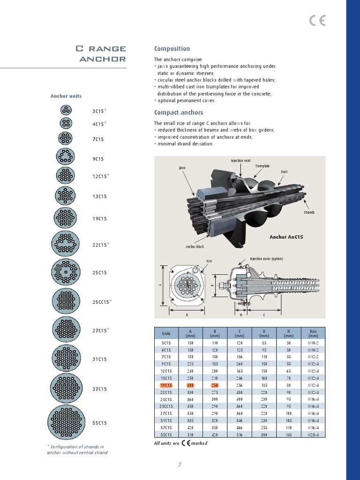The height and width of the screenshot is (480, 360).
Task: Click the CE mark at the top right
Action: click(x=317, y=21)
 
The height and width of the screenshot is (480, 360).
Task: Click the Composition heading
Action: click(x=172, y=49)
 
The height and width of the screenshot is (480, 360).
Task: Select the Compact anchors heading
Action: click(x=179, y=112)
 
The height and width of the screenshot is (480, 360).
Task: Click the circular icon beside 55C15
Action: click(x=66, y=422)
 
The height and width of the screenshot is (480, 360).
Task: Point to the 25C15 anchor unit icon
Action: click(x=66, y=272)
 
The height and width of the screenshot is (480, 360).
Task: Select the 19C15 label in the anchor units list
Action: click(x=99, y=218)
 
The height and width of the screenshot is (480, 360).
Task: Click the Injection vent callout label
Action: click(x=240, y=161)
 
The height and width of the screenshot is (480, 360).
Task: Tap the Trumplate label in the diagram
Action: click(x=262, y=166)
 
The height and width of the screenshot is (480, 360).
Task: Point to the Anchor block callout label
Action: click(x=195, y=247)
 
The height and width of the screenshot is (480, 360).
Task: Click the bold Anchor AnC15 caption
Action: click(x=286, y=237)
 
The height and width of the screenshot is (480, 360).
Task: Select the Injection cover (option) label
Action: click(x=266, y=258)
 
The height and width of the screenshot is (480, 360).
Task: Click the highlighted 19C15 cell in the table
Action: click(x=166, y=385)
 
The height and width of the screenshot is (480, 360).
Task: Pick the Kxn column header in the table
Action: click(x=313, y=333)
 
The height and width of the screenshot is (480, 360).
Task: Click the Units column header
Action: click(x=166, y=333)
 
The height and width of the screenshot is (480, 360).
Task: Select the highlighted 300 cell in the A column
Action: click(x=190, y=385)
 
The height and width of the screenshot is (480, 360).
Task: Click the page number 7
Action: click(x=180, y=465)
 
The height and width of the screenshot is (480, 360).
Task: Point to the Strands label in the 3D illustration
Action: click(x=309, y=212)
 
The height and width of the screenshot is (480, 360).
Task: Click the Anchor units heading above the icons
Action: click(x=66, y=96)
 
